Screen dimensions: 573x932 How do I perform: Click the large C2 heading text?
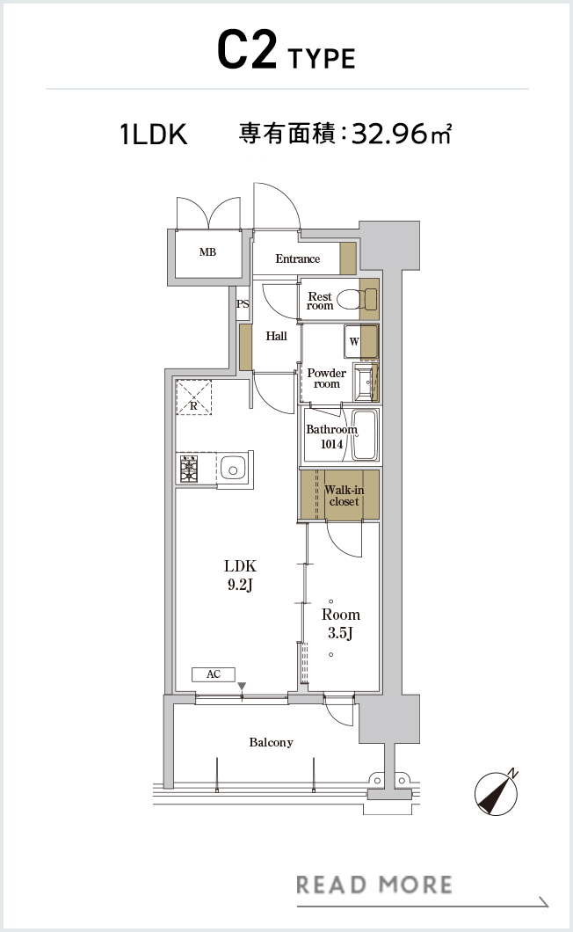247,50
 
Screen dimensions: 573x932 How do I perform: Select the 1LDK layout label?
153,135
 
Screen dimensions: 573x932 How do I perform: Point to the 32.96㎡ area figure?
402,134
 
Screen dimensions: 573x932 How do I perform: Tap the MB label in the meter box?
207,252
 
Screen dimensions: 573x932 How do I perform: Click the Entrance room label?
297,258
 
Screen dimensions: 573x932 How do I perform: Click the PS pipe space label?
243,303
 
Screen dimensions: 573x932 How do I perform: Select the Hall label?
277,336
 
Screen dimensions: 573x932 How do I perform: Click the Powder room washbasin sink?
366,381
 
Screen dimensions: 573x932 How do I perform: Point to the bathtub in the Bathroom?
364,434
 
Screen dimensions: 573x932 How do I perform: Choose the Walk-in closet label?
345,495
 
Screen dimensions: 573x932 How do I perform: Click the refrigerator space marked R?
193,397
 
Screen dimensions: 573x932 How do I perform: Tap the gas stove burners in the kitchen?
189,469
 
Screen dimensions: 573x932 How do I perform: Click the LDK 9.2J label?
240,575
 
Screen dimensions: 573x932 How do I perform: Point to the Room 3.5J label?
341,623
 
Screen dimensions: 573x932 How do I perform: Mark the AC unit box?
214,674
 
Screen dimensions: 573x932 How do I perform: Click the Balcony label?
271,742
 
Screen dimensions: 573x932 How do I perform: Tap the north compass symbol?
497,793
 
